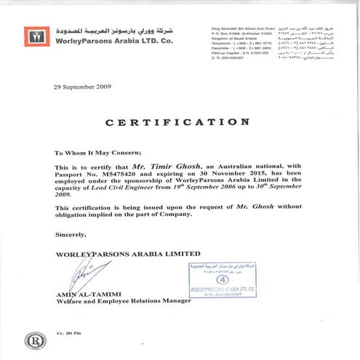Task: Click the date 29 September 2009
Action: pyautogui.click(x=82, y=86)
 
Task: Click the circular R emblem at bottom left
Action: pyautogui.click(x=34, y=340)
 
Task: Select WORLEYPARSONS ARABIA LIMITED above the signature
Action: pyautogui.click(x=128, y=254)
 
